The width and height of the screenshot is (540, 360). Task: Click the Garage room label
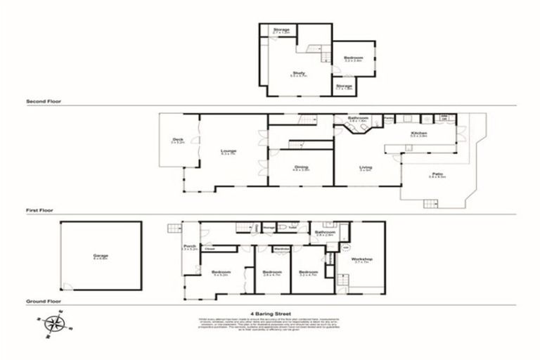pyautogui.click(x=101, y=255)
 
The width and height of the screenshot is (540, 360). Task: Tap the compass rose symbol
pyautogui.click(x=53, y=323)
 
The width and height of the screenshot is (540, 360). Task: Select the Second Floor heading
pyautogui.click(x=44, y=101)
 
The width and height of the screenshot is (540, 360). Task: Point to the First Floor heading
pyautogui.click(x=40, y=210)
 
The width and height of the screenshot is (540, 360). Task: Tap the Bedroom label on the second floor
pyautogui.click(x=353, y=58)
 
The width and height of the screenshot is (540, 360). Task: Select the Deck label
pyautogui.click(x=178, y=139)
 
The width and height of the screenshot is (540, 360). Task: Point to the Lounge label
pyautogui.click(x=229, y=150)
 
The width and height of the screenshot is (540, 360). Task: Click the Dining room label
pyautogui.click(x=302, y=167)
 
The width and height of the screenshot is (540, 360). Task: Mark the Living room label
pyautogui.click(x=365, y=167)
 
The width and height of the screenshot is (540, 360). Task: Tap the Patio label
pyautogui.click(x=437, y=174)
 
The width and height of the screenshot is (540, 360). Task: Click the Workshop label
pyautogui.click(x=362, y=259)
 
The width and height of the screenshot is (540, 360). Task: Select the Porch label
pyautogui.click(x=187, y=246)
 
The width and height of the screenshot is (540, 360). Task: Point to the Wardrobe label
pyautogui.click(x=282, y=248)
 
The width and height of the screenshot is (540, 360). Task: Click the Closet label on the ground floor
pyautogui.click(x=210, y=248)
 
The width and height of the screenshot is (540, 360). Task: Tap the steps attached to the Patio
pyautogui.click(x=430, y=204)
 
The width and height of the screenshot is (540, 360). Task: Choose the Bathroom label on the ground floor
pyautogui.click(x=325, y=232)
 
